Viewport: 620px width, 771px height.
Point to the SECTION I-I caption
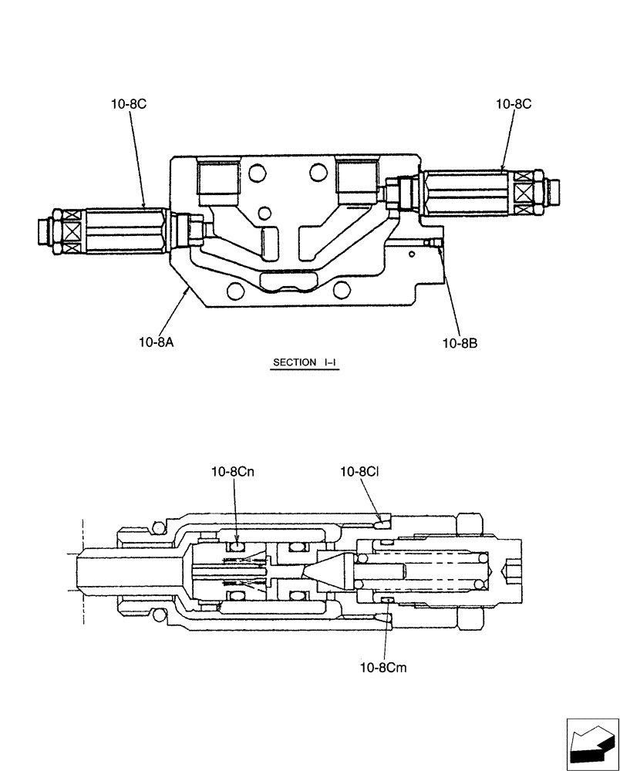(x=305, y=362)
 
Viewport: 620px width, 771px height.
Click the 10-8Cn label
(x=234, y=471)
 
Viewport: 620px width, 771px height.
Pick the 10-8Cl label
(x=359, y=471)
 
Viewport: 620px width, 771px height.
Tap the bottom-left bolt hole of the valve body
(x=234, y=291)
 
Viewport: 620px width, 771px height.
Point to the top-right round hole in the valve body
(x=317, y=170)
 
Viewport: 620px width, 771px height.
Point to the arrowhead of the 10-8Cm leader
(x=386, y=602)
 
